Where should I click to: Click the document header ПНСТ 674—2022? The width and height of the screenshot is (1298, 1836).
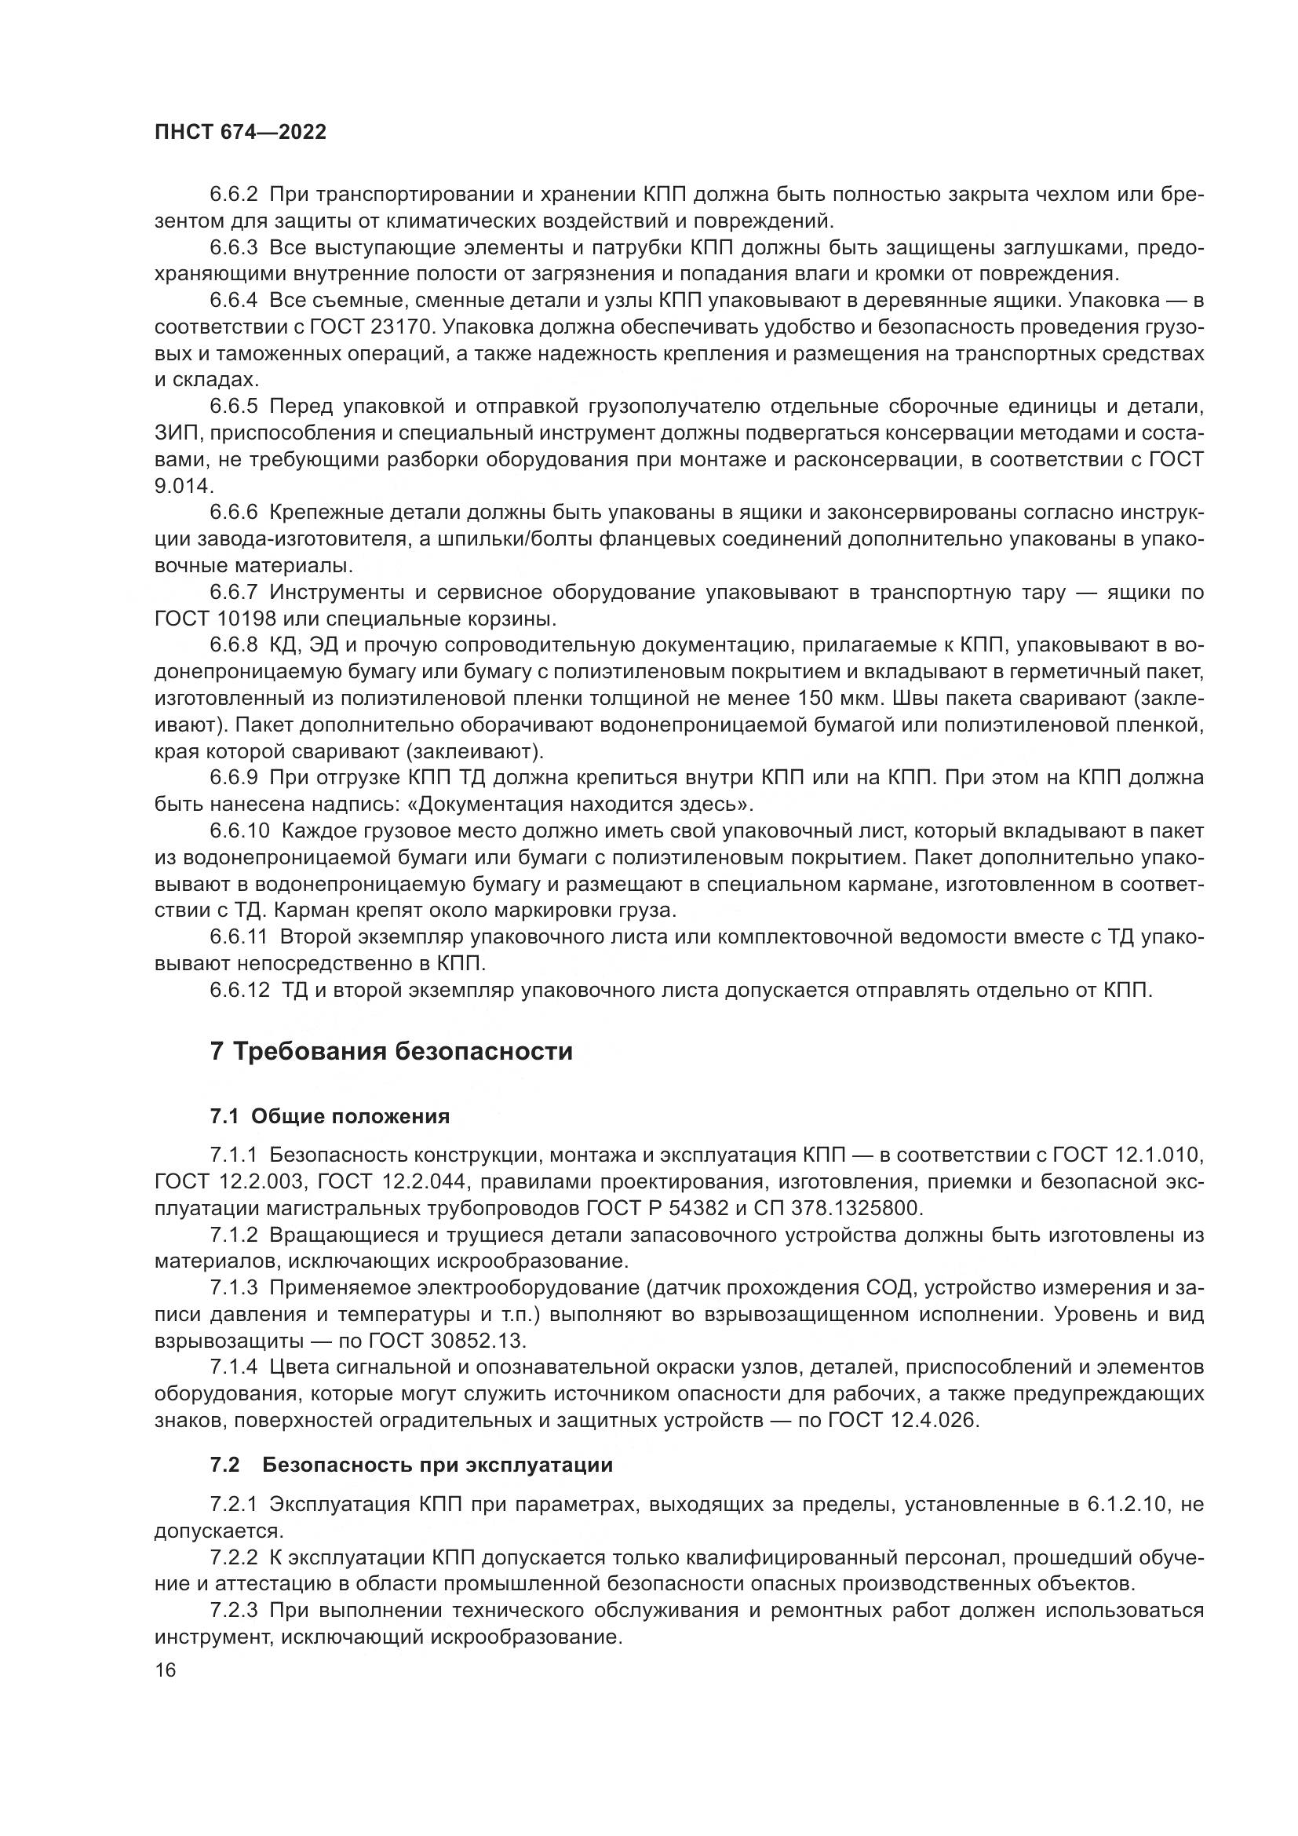[241, 133]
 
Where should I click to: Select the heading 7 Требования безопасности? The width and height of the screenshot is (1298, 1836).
[392, 1052]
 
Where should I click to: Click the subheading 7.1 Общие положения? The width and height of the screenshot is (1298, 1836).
[330, 1116]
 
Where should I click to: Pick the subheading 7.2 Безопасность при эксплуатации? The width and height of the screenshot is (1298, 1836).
[412, 1465]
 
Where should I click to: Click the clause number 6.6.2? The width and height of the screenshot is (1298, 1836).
[234, 195]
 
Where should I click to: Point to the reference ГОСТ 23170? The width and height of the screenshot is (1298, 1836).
[371, 327]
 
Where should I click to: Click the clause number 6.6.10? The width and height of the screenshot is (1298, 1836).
[240, 831]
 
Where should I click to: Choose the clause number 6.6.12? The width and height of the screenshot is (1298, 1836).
[240, 991]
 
